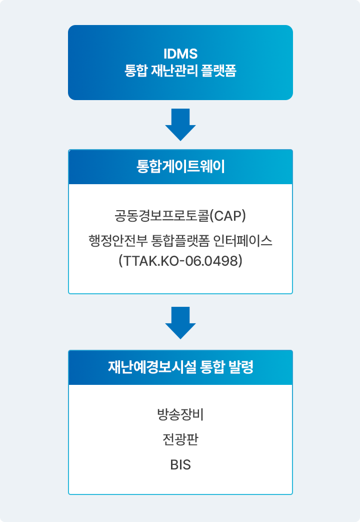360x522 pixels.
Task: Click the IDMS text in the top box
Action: click(x=180, y=54)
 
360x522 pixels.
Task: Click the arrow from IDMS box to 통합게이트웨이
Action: click(x=180, y=125)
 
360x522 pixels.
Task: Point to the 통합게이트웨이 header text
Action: click(x=180, y=167)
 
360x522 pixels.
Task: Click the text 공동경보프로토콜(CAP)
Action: click(x=180, y=216)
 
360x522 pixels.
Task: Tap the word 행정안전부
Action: click(x=118, y=240)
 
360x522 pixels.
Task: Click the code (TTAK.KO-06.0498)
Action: click(x=180, y=261)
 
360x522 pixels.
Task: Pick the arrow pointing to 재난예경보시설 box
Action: click(x=180, y=323)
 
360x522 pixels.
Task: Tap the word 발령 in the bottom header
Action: click(x=241, y=367)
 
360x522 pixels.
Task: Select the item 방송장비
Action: click(x=180, y=414)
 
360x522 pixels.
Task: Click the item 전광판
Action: click(x=180, y=439)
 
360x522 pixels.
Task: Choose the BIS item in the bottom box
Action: click(x=180, y=465)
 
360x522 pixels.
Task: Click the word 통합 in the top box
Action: click(x=135, y=71)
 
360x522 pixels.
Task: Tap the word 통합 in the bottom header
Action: click(x=212, y=367)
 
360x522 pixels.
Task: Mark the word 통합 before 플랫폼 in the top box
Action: click(x=135, y=71)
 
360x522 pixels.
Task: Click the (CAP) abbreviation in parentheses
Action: click(x=228, y=216)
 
